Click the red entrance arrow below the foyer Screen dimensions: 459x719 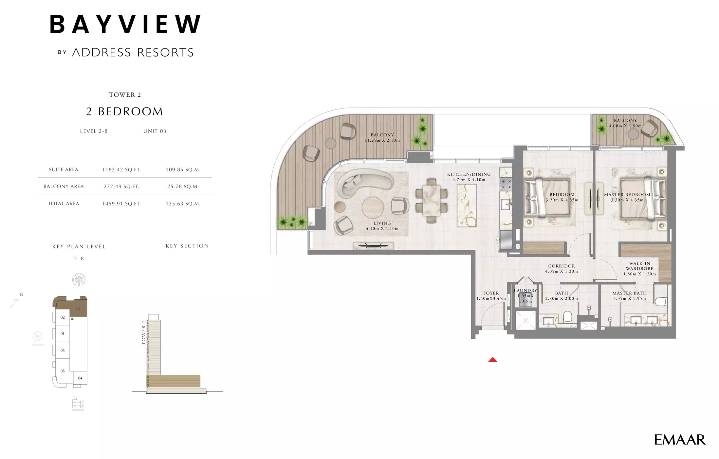point(492,360)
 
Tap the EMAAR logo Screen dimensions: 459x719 point(679,440)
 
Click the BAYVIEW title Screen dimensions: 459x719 point(125,24)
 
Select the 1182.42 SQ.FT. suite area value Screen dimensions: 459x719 point(121,170)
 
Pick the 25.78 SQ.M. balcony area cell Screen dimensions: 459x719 point(183,186)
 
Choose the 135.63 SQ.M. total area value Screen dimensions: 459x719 point(183,204)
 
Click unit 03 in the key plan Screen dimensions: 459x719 point(78,308)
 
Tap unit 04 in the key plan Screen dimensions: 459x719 point(80,378)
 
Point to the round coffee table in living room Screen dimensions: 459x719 point(373,208)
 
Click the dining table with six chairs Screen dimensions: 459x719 point(431,200)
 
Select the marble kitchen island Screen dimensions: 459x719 point(467,205)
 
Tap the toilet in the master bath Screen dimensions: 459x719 point(661,301)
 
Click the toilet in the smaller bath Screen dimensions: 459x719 point(567,317)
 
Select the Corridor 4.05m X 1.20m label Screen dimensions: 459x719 point(562,269)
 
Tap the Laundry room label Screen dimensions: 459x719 point(525,291)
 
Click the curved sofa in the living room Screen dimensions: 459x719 point(363,182)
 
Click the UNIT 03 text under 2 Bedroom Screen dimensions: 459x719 point(155,131)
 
